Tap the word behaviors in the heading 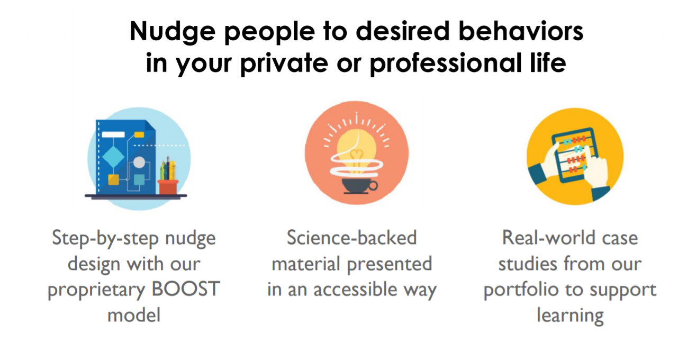(x=521, y=31)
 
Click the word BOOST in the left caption (x=185, y=289)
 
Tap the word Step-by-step (x=105, y=239)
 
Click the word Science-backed (x=351, y=238)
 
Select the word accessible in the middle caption (x=355, y=289)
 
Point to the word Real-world (x=548, y=238)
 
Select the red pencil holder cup (x=168, y=187)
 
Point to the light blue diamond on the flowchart (x=113, y=157)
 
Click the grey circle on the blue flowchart (x=139, y=163)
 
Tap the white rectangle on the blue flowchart (x=113, y=134)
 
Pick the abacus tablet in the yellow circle (x=575, y=155)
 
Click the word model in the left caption (x=134, y=315)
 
